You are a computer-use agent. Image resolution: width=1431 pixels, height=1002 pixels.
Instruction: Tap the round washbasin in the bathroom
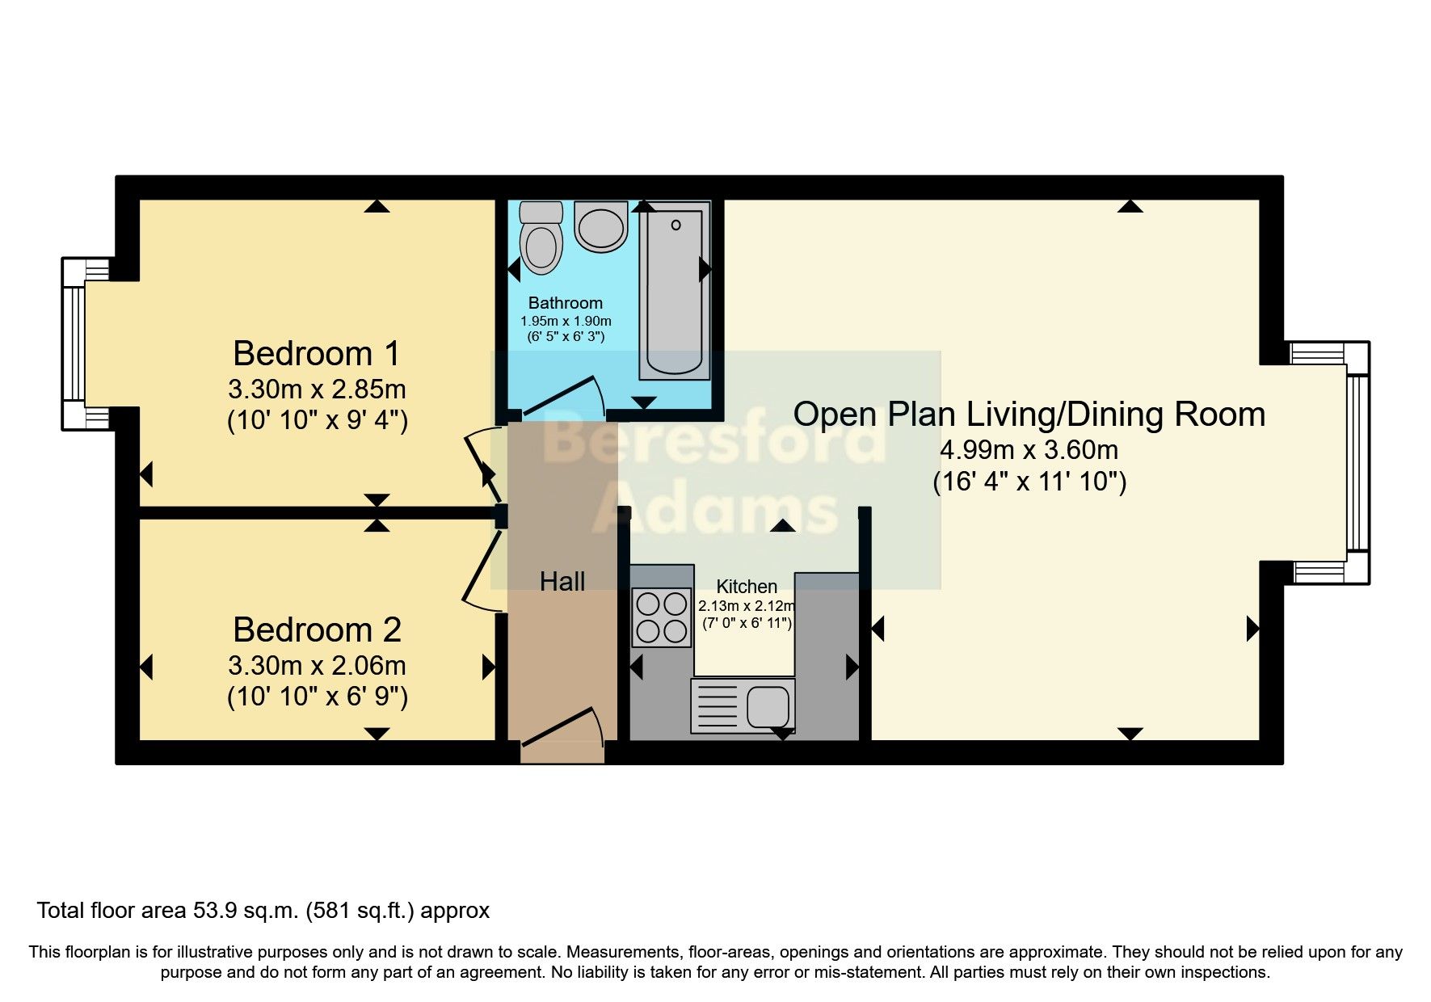601,225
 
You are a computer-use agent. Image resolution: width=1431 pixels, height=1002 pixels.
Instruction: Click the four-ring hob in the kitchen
662,617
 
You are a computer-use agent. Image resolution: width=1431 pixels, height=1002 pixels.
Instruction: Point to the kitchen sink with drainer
743,705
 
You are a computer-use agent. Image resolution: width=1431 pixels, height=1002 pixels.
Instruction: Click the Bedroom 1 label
317,354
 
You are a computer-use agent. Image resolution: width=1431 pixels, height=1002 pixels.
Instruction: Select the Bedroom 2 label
317,630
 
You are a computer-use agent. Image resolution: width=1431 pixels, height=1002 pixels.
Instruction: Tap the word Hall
562,581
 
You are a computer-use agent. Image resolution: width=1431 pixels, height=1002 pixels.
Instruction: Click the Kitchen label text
747,587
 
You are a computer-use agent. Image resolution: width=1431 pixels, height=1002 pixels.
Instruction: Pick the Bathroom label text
565,303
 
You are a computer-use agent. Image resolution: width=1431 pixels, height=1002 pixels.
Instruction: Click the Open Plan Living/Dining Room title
1029,415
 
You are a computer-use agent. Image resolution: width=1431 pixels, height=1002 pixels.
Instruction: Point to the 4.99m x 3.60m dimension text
1029,449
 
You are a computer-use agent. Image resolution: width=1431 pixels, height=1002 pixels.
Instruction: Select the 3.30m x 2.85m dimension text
317,389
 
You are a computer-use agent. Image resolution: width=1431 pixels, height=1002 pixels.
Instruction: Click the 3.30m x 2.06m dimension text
317,666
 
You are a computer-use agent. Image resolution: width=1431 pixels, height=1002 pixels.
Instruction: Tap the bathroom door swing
566,398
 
